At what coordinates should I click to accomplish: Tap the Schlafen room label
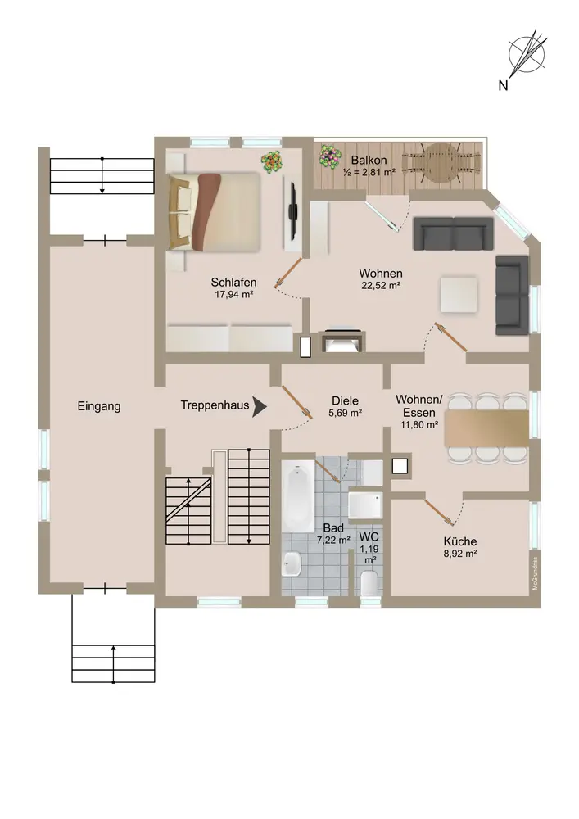click(233, 282)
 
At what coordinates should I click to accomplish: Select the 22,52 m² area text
click(381, 286)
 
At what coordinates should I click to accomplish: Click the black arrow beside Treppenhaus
click(260, 406)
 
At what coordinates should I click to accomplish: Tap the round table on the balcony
click(441, 162)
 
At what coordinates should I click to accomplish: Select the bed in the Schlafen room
click(214, 211)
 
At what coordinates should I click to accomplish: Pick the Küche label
click(460, 541)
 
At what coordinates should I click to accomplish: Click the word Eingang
click(98, 406)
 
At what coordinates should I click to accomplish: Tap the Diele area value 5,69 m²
click(345, 413)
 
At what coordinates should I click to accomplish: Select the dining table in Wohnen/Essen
click(486, 428)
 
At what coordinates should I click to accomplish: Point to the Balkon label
click(369, 160)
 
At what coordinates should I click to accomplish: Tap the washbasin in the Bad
click(292, 563)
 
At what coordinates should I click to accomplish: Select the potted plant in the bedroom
click(272, 162)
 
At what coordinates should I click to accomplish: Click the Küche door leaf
click(437, 511)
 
